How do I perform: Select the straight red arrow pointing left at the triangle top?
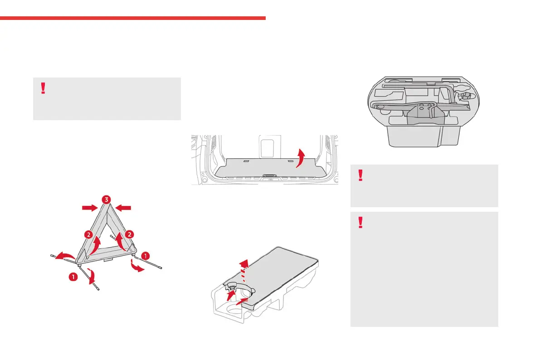tap(123, 208)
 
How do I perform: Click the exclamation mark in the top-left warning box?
tap(43, 88)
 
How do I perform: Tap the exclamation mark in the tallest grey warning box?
tap(360, 222)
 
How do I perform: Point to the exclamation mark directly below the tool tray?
tap(360, 175)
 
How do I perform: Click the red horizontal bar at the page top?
tap(132, 18)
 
